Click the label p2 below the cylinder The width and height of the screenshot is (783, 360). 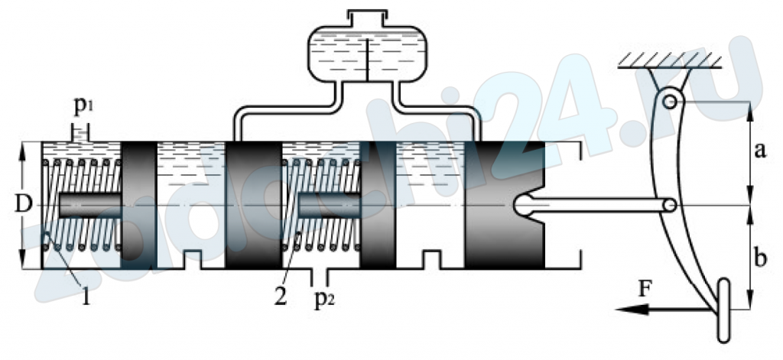tap(324, 302)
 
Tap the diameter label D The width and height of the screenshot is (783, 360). tap(21, 204)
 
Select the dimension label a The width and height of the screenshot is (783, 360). tap(759, 151)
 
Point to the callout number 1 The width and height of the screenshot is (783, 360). tap(86, 297)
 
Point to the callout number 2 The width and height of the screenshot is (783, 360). tap(280, 297)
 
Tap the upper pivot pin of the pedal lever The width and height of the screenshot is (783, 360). tap(670, 102)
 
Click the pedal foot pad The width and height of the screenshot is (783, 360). tap(723, 310)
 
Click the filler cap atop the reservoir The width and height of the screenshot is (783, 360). tap(367, 18)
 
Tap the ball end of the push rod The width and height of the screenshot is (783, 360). tap(522, 205)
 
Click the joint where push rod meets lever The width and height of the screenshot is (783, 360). tap(671, 205)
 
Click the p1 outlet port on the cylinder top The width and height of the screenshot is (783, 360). tap(80, 134)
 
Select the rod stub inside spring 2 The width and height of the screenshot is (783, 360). tap(329, 205)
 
